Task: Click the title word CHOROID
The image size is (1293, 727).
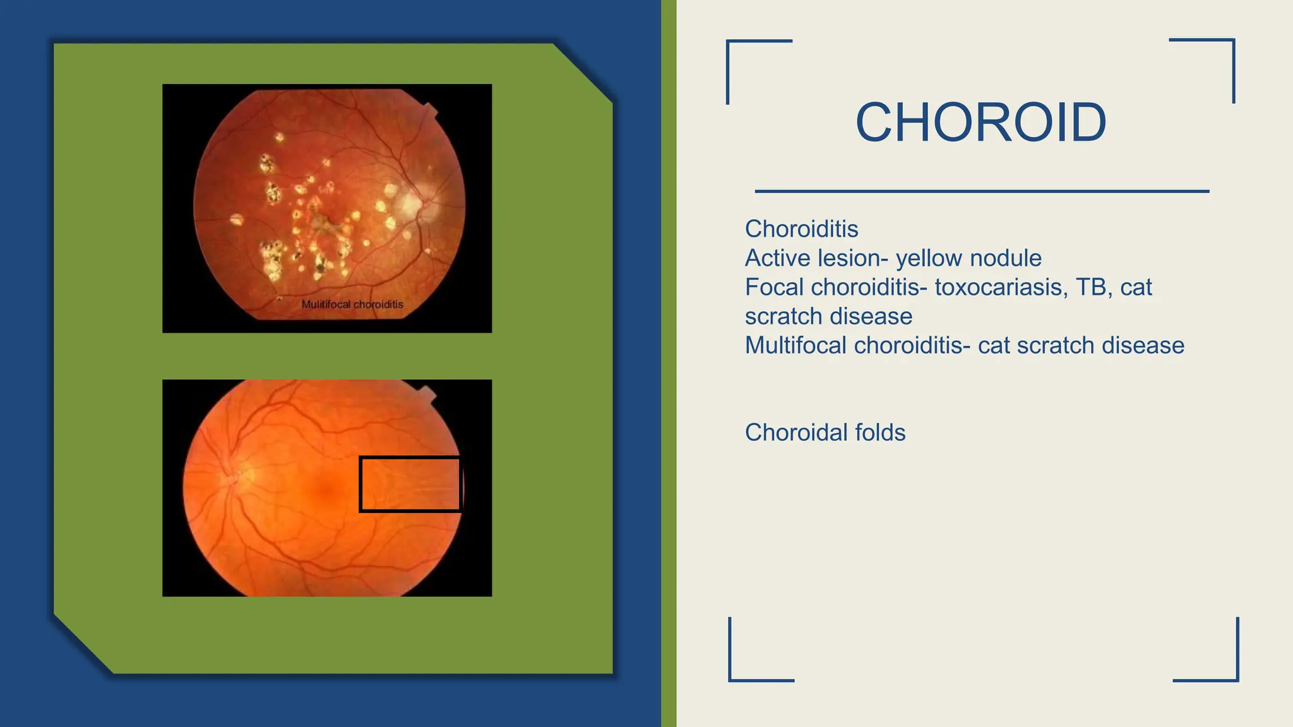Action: click(980, 122)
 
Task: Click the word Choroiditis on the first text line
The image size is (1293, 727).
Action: click(801, 229)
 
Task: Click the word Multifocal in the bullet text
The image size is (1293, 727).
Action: click(795, 345)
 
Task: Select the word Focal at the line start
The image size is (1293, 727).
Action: click(774, 287)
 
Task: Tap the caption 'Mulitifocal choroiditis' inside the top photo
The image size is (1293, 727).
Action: click(352, 304)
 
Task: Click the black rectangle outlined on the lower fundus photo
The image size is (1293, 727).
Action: click(410, 484)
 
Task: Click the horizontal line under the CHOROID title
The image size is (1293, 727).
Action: click(982, 191)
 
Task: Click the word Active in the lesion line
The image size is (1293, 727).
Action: click(776, 258)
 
